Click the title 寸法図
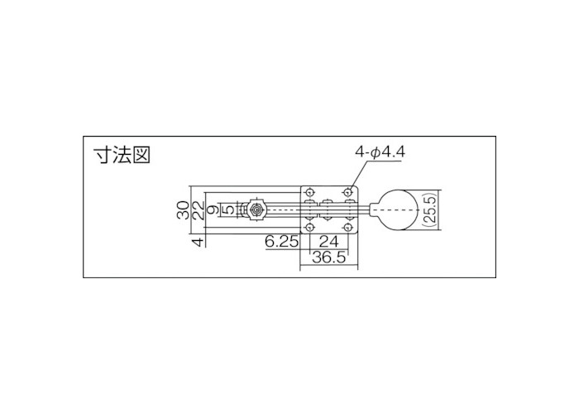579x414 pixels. (122, 155)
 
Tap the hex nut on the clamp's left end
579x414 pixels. (256, 209)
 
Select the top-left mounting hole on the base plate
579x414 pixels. (310, 191)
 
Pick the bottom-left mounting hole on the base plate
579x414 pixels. (310, 226)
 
